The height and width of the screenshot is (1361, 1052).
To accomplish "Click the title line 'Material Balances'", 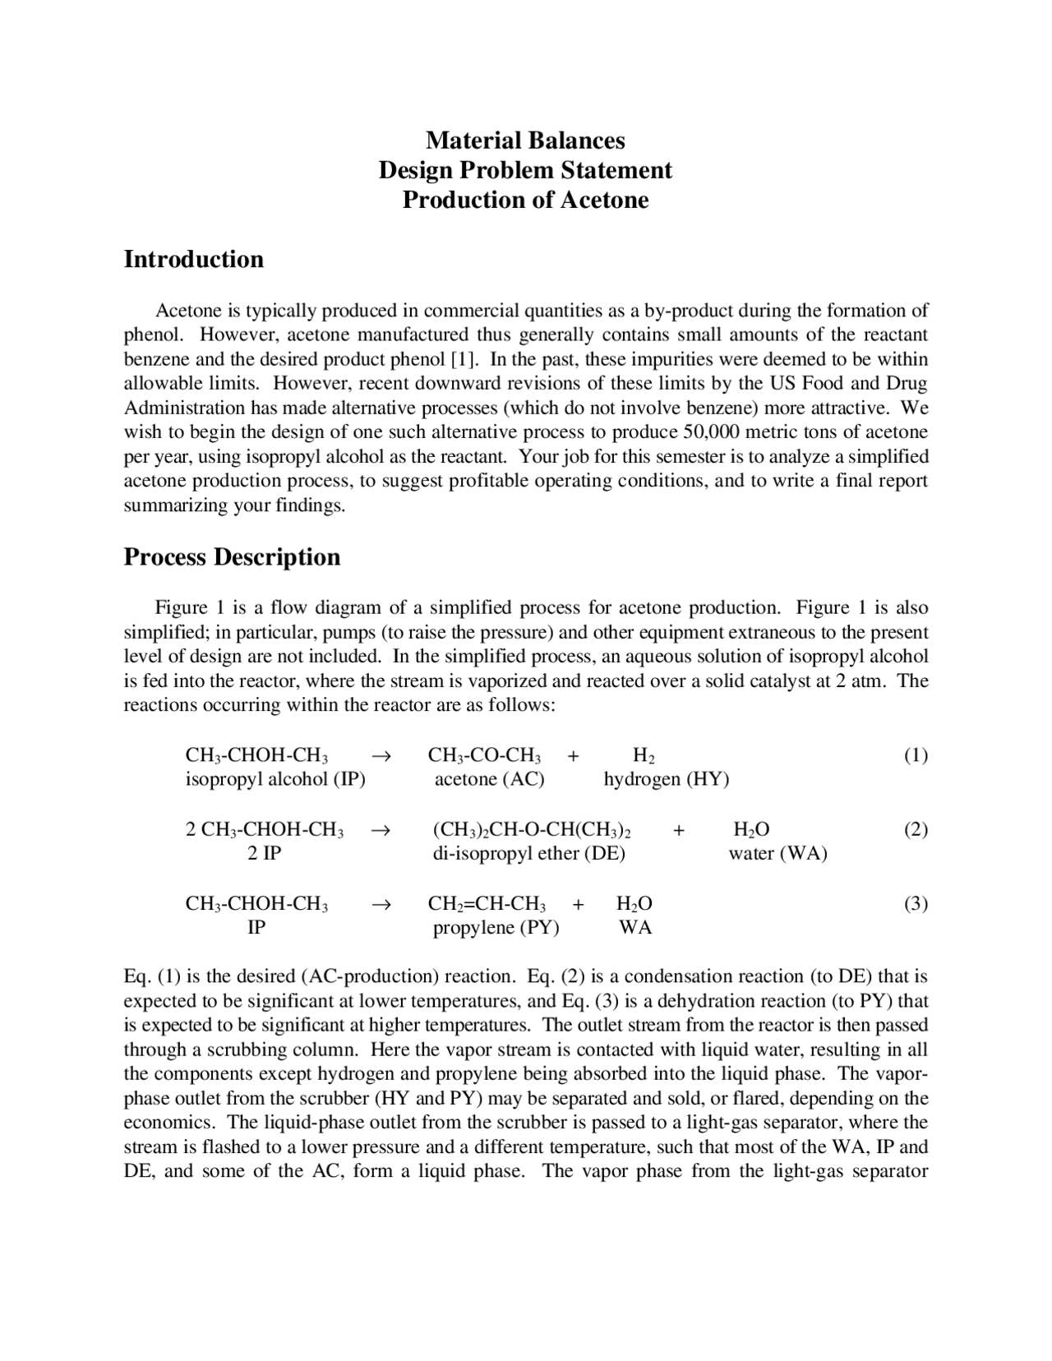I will tap(525, 141).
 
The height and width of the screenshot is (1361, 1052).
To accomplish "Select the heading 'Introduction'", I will tap(193, 259).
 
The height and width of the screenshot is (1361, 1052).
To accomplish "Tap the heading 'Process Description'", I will tap(232, 556).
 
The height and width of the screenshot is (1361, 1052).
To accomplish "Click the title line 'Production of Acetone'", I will tap(525, 200).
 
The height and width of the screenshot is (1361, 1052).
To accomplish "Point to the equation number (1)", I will tap(916, 754).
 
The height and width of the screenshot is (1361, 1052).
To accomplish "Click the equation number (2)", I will tap(916, 828).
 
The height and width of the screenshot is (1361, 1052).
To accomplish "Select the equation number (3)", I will tap(916, 903).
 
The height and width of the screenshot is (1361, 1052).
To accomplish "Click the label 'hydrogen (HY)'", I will tap(667, 779).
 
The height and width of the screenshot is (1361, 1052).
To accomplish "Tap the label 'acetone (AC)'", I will tap(489, 779).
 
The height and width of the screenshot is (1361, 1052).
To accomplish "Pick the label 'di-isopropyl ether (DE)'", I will tap(529, 853).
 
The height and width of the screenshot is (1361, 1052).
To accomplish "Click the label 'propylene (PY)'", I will tap(496, 928).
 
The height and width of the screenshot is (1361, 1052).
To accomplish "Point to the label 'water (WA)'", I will tap(777, 853).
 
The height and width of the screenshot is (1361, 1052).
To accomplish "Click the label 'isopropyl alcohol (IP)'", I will tap(275, 779).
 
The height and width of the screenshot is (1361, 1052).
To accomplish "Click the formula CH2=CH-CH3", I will tap(487, 904).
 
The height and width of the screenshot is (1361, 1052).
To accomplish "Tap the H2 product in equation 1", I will tap(644, 755).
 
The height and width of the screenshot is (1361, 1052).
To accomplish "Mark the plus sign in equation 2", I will tap(679, 830).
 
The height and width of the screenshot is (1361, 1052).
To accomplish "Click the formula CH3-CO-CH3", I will tap(485, 755).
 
